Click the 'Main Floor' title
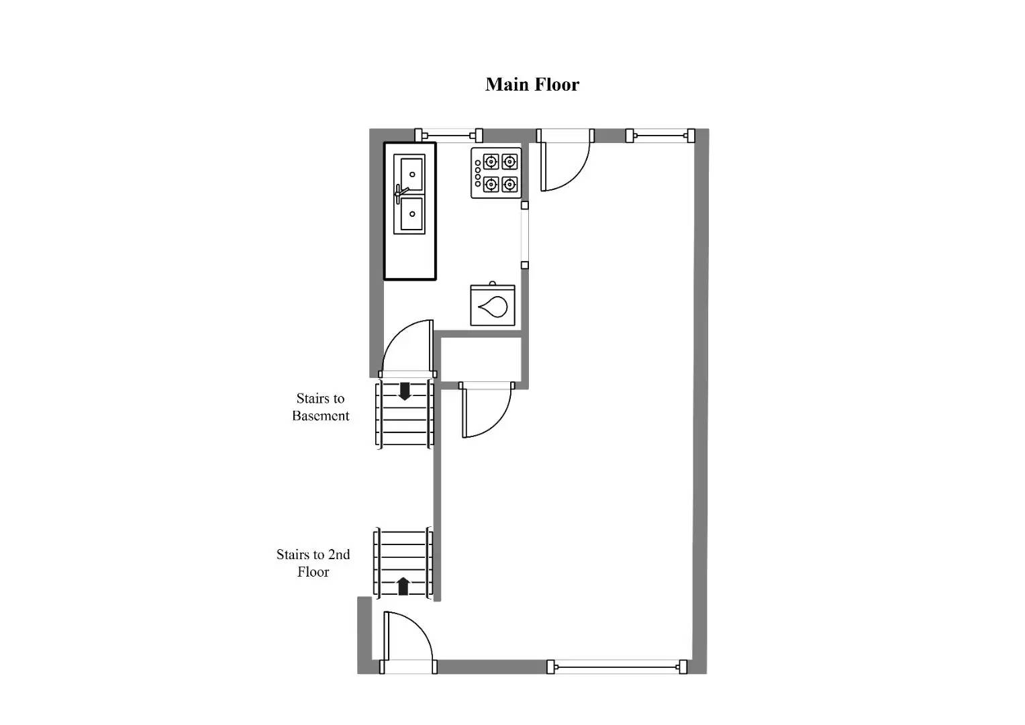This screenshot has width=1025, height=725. coord(532,85)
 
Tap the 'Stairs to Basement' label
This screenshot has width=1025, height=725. coord(320,407)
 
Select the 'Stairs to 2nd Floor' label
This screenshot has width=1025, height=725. coord(313,563)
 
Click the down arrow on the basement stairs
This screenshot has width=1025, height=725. coord(405,391)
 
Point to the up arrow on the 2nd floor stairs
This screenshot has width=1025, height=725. coord(403,586)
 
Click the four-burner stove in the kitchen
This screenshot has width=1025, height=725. coord(496,173)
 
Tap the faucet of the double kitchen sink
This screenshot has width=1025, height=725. coord(401,193)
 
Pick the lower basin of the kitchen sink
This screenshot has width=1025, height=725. coord(409,215)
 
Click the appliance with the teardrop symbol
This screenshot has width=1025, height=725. coord(493,306)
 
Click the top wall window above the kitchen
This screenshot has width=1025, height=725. coord(448,135)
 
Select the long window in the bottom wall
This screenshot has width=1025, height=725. coord(616,667)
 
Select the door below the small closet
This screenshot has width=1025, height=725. coord(486,409)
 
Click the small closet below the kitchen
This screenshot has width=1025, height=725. coord(481,359)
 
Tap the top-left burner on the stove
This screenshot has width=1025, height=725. coord(491,162)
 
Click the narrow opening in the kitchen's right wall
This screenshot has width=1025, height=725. coord(525,235)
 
